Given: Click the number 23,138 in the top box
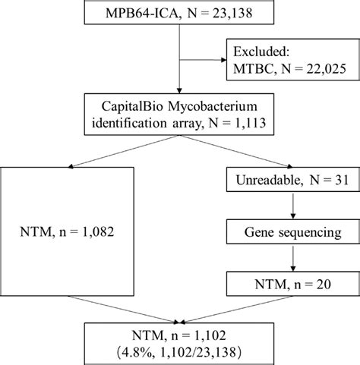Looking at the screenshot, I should (x=232, y=14).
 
